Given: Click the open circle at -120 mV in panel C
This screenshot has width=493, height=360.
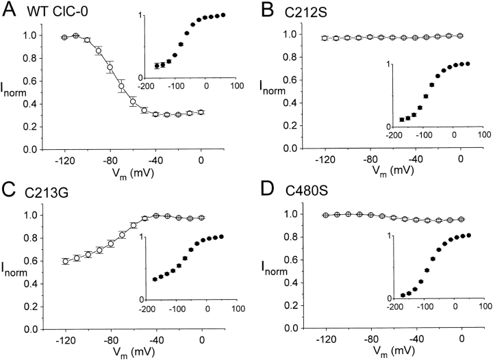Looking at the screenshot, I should tap(65, 261).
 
